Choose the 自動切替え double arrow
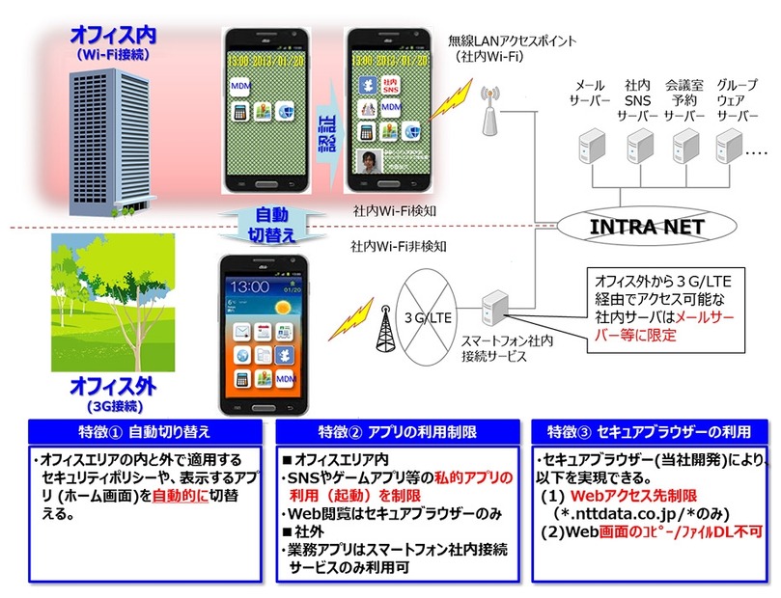click(x=268, y=225)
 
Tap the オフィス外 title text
click(x=113, y=387)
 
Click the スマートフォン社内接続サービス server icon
click(x=494, y=308)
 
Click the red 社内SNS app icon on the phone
click(x=392, y=87)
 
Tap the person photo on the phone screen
click(x=368, y=161)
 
